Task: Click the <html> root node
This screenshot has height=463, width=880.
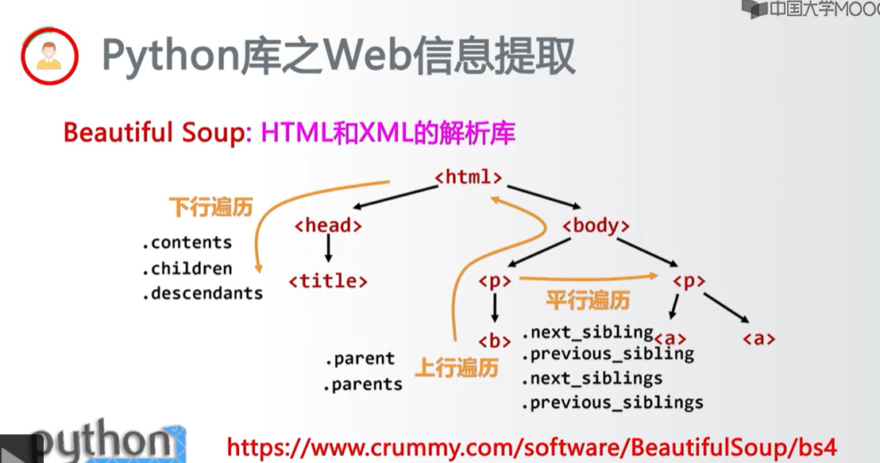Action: pyautogui.click(x=469, y=176)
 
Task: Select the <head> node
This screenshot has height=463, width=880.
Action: pyautogui.click(x=328, y=226)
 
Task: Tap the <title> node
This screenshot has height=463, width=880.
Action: pyautogui.click(x=328, y=280)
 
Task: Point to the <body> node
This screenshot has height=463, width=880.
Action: pyautogui.click(x=596, y=226)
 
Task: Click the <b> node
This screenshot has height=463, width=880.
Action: pyautogui.click(x=494, y=341)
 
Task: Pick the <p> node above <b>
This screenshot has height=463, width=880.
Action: pyautogui.click(x=494, y=280)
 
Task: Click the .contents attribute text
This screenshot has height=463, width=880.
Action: pyautogui.click(x=187, y=242)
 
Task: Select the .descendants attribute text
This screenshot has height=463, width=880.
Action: pyautogui.click(x=203, y=293)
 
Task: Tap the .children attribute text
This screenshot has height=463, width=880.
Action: pyautogui.click(x=187, y=268)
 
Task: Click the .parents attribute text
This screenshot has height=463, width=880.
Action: pyautogui.click(x=362, y=384)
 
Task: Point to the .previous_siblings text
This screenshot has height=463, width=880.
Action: pyautogui.click(x=612, y=403)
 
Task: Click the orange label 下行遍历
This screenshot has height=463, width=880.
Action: pyautogui.click(x=210, y=208)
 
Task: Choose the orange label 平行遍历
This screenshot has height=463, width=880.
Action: pyautogui.click(x=588, y=300)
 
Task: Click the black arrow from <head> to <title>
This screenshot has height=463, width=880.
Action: pyautogui.click(x=328, y=253)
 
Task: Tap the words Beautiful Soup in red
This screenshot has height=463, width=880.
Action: pyautogui.click(x=151, y=133)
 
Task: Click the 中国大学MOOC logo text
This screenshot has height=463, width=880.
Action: pyautogui.click(x=818, y=10)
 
